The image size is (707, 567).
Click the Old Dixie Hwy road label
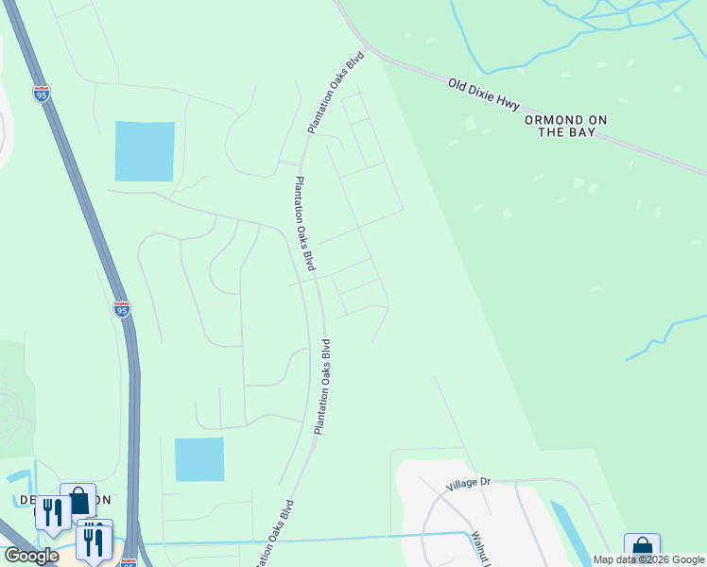[483, 94]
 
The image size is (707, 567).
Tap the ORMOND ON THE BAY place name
[567, 127]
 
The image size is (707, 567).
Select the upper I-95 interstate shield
[42, 94]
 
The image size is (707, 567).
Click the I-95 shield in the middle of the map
[121, 309]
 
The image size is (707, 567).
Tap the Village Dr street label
[470, 484]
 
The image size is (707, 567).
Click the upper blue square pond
[145, 151]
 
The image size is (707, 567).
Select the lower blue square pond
[199, 459]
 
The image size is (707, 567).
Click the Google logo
[30, 556]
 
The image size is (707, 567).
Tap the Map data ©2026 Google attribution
[649, 559]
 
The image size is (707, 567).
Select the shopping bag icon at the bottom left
[78, 500]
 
